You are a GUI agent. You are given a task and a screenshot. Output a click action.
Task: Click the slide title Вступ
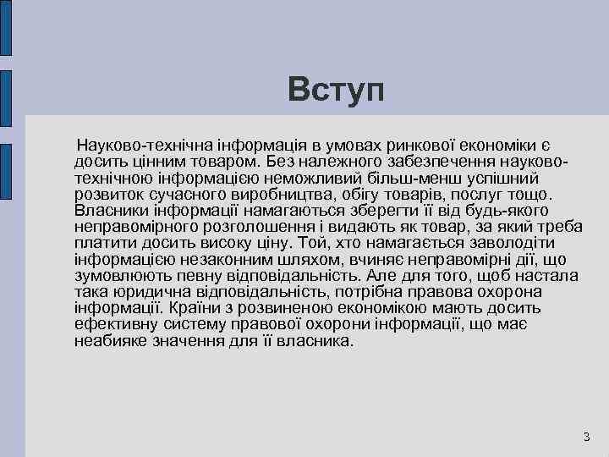[335, 89]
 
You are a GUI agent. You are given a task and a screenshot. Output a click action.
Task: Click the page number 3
[586, 437]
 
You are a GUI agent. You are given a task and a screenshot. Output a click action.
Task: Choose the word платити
[101, 244]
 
